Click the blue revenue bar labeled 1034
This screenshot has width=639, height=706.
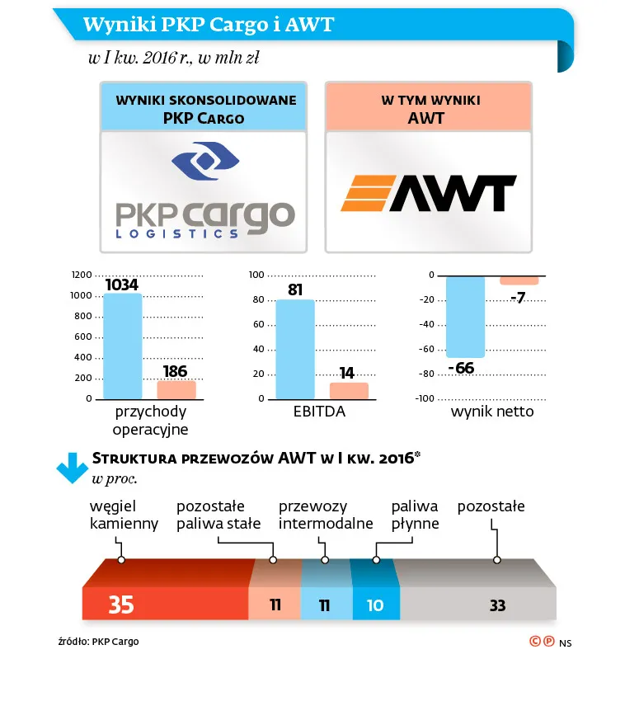(x=122, y=346)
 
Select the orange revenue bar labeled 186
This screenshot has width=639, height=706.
(x=176, y=390)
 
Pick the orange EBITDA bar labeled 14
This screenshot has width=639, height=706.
(x=349, y=391)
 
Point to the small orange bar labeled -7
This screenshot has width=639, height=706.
(x=519, y=281)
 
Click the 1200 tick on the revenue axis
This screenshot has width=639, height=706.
(x=82, y=275)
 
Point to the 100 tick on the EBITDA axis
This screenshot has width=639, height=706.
(x=256, y=275)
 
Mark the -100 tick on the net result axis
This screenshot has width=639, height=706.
(x=424, y=399)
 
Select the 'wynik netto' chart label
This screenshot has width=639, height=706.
(x=492, y=412)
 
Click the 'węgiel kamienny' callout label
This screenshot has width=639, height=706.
(x=124, y=515)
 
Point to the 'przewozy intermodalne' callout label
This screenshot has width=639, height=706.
(x=326, y=515)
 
